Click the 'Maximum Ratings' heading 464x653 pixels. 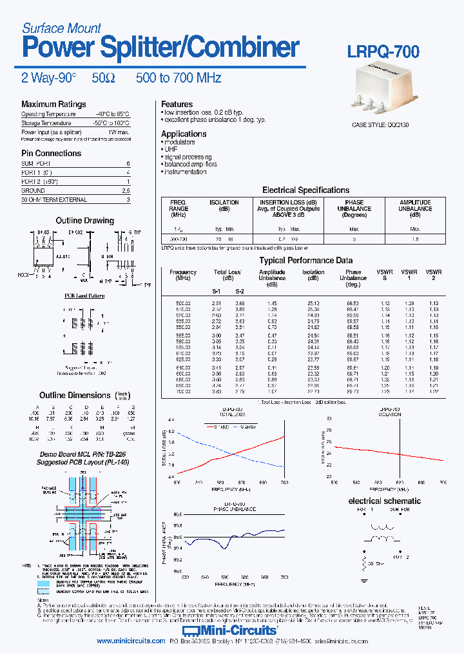(x=53, y=105)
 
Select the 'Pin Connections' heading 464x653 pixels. (x=51, y=154)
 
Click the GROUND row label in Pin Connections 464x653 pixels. (x=33, y=191)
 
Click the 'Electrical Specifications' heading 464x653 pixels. (x=305, y=190)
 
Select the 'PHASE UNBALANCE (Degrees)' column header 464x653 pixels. (x=354, y=209)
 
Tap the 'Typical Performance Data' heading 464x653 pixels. (x=305, y=261)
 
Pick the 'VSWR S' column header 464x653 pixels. (x=385, y=276)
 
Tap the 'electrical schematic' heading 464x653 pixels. (x=384, y=501)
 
